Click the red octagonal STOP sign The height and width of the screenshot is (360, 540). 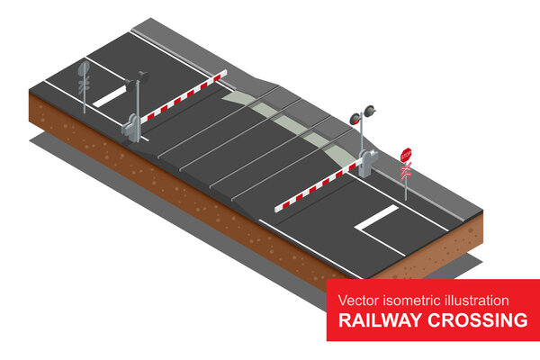(406, 155)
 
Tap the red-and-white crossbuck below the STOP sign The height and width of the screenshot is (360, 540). (406, 168)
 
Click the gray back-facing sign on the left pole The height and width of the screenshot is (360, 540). (84, 68)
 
